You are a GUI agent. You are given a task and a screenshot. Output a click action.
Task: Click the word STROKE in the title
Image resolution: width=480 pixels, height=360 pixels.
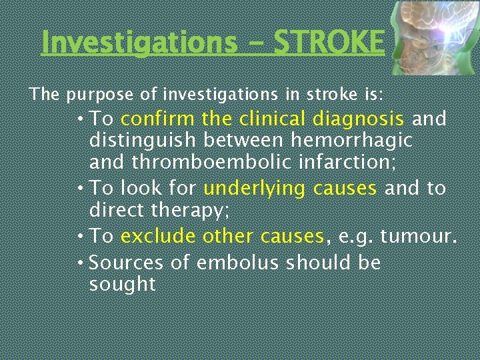pos(329,43)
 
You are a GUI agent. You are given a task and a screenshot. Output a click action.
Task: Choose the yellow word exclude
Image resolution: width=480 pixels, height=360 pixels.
pos(158,237)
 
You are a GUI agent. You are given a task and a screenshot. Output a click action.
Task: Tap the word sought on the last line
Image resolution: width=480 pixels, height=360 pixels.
pos(122,285)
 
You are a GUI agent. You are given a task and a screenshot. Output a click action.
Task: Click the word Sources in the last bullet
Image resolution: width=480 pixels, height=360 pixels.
pos(126,263)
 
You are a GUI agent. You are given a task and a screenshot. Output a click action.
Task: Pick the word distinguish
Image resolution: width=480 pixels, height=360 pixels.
pos(143,141)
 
